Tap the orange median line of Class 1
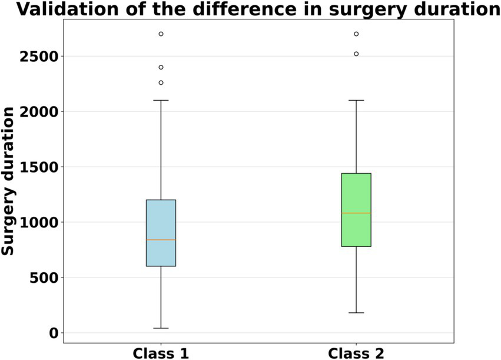(x=161, y=240)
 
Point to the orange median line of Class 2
(x=356, y=213)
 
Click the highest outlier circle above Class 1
(x=161, y=34)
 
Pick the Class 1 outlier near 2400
(x=161, y=67)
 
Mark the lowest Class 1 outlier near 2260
(x=161, y=82)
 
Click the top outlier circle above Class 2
(x=356, y=34)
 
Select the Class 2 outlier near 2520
(x=356, y=54)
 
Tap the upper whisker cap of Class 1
(x=161, y=100)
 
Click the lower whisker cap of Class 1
(x=161, y=328)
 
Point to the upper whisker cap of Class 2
(x=356, y=100)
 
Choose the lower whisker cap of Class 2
(x=356, y=313)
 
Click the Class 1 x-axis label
(x=161, y=352)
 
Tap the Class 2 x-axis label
(x=356, y=352)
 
